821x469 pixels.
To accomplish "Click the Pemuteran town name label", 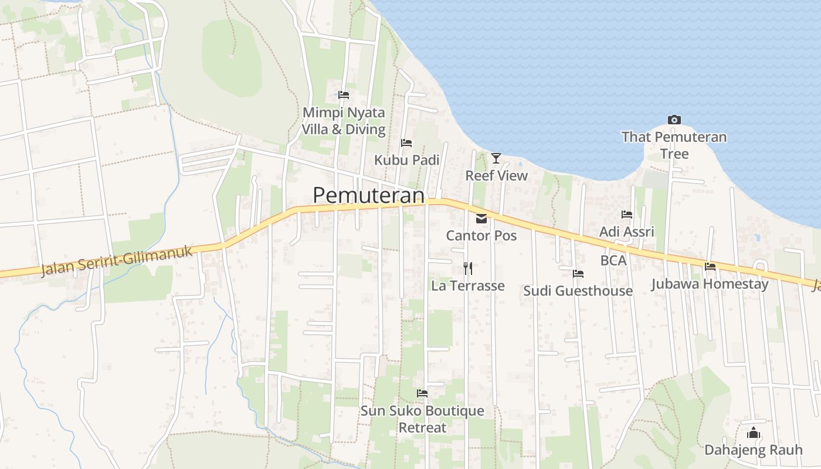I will coord(368,195).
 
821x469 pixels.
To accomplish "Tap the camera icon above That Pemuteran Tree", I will coord(674,120).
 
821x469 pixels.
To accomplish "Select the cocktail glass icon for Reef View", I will coord(496,158).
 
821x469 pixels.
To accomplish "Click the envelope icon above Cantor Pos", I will coord(481,219).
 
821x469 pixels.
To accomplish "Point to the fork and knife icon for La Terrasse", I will coord(467,269).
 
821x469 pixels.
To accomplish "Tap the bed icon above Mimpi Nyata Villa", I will coord(344,94).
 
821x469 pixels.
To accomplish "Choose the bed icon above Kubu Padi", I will coord(406,143).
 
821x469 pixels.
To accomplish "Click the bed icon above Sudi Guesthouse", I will coord(578,274).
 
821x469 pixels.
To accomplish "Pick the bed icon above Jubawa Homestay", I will coord(710,267).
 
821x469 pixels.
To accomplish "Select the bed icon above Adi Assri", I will coord(627,215).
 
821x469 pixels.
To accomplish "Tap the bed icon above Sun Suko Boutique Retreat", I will coord(422,393).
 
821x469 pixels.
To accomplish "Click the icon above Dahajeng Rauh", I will coord(754,433).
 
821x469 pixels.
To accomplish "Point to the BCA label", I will coord(613,260).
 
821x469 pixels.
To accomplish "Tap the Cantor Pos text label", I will coord(481,236).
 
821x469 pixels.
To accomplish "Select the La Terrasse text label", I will coord(468,286).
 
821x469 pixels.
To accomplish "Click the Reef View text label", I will coord(497,175).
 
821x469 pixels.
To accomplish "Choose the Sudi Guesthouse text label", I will coord(578,291).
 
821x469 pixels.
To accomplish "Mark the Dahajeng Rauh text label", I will coord(754,450).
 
